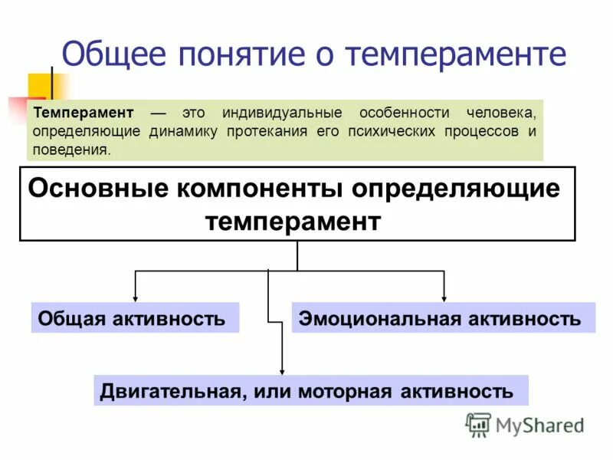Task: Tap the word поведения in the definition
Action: click(71, 150)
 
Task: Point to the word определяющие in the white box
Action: click(464, 188)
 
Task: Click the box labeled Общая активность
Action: click(135, 317)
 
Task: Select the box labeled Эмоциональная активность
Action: click(443, 317)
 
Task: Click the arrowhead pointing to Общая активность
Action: click(136, 297)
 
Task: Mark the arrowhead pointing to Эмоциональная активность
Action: click(444, 297)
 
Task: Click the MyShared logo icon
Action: click(478, 425)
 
